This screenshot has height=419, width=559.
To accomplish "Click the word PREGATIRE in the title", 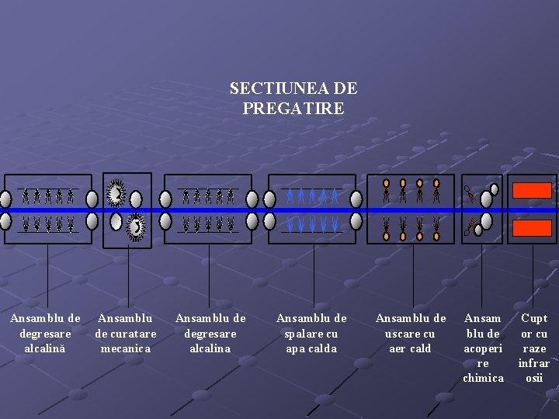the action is coord(293,109).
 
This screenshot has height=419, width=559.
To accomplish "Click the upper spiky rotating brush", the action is coord(116,192).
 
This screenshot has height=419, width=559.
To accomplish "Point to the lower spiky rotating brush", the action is coord(137,227).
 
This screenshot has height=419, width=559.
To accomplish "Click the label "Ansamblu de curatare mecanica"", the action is coord(125,334).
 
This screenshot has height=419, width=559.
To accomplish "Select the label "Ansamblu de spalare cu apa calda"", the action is coord(311,334).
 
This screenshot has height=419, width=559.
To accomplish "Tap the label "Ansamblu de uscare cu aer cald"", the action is coord(411,334).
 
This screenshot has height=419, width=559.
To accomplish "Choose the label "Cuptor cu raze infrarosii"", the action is coord(534,348).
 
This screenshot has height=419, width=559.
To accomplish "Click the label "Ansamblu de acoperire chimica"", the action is coord(483,348).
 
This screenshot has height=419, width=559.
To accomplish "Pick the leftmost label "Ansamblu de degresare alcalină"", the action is coord(45,334).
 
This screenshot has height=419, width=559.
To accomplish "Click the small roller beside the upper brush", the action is coord(137,198).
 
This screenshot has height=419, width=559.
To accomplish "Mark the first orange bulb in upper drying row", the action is coord(387,184).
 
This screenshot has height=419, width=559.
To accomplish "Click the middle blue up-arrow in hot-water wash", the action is coord(313,196).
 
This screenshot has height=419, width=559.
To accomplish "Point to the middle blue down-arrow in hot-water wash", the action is coord(313,225).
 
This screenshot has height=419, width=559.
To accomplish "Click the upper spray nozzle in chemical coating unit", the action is coord(470,192).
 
